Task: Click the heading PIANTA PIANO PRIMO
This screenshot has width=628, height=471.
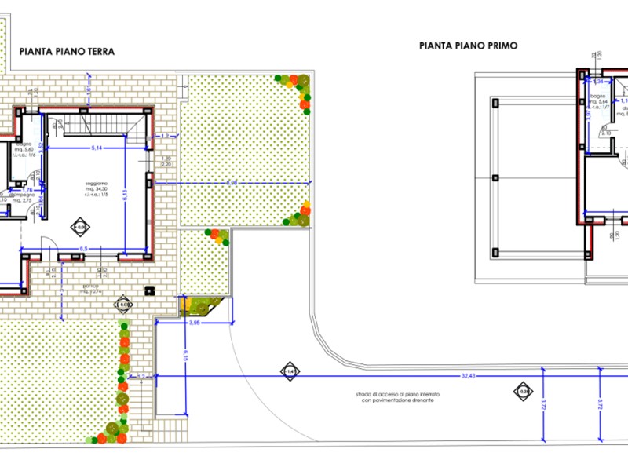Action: point(468,46)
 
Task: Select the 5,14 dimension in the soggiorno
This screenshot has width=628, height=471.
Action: point(97,148)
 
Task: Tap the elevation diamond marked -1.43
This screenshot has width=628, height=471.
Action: point(289,371)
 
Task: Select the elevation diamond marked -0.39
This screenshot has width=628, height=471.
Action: point(522,391)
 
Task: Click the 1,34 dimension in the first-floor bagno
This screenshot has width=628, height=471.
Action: point(599,82)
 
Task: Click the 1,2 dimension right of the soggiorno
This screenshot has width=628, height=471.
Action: point(166,137)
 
